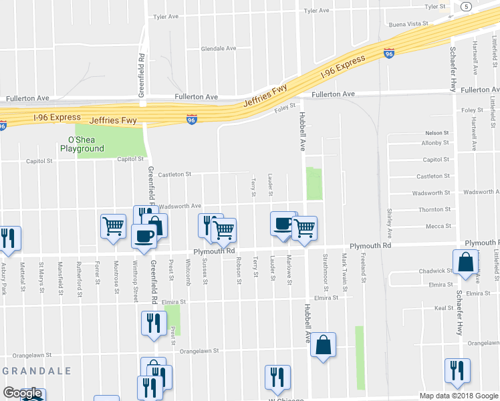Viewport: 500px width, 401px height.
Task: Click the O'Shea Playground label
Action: pyautogui.click(x=84, y=144)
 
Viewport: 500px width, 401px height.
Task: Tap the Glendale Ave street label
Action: pyautogui.click(x=219, y=49)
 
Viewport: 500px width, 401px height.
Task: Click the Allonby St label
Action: pyautogui.click(x=434, y=143)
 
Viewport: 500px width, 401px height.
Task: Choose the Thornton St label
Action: pyautogui.click(x=434, y=209)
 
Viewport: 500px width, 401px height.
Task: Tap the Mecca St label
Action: pyautogui.click(x=439, y=226)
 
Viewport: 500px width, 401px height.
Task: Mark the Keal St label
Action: pyautogui.click(x=444, y=308)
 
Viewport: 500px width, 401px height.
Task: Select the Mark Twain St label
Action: pyautogui.click(x=344, y=268)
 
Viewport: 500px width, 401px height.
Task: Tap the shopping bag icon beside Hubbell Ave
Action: pyautogui.click(x=323, y=345)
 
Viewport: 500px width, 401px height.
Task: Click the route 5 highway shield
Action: pyautogui.click(x=465, y=6)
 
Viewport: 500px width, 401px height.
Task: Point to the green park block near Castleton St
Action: pyautogui.click(x=314, y=184)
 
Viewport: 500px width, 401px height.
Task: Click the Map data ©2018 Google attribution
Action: pyautogui.click(x=458, y=396)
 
